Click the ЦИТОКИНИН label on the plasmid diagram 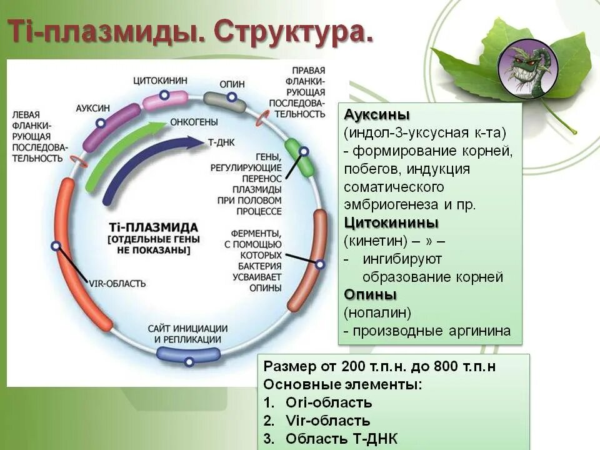160,81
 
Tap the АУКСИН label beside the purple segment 92,107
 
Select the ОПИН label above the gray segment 232,84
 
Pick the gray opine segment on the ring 226,101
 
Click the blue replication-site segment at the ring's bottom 188,354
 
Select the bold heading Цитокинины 391,223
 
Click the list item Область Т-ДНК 341,439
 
